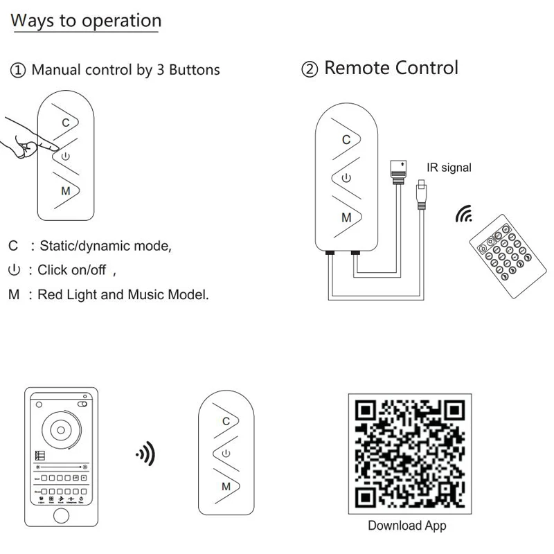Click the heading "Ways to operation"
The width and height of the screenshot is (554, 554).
86,21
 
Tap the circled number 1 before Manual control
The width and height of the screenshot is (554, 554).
19,70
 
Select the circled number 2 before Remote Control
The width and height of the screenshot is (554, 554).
310,69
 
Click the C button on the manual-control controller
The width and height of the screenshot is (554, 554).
66,123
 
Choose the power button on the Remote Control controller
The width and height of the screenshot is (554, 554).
346,178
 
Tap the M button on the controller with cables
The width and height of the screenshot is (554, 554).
346,217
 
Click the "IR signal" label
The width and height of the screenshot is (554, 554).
449,168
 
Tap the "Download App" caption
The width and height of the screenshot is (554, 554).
406,526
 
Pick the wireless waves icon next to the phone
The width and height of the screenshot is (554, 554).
145,455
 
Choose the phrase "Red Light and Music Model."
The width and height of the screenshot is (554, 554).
123,294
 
